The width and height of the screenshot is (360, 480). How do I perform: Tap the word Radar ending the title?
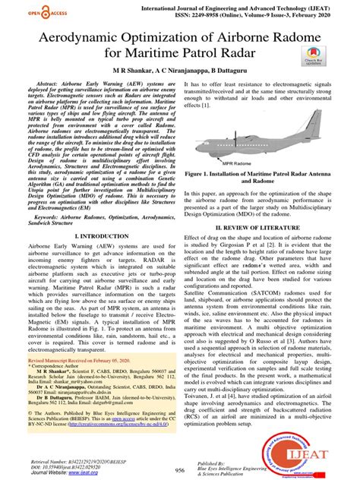coord(242,54)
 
